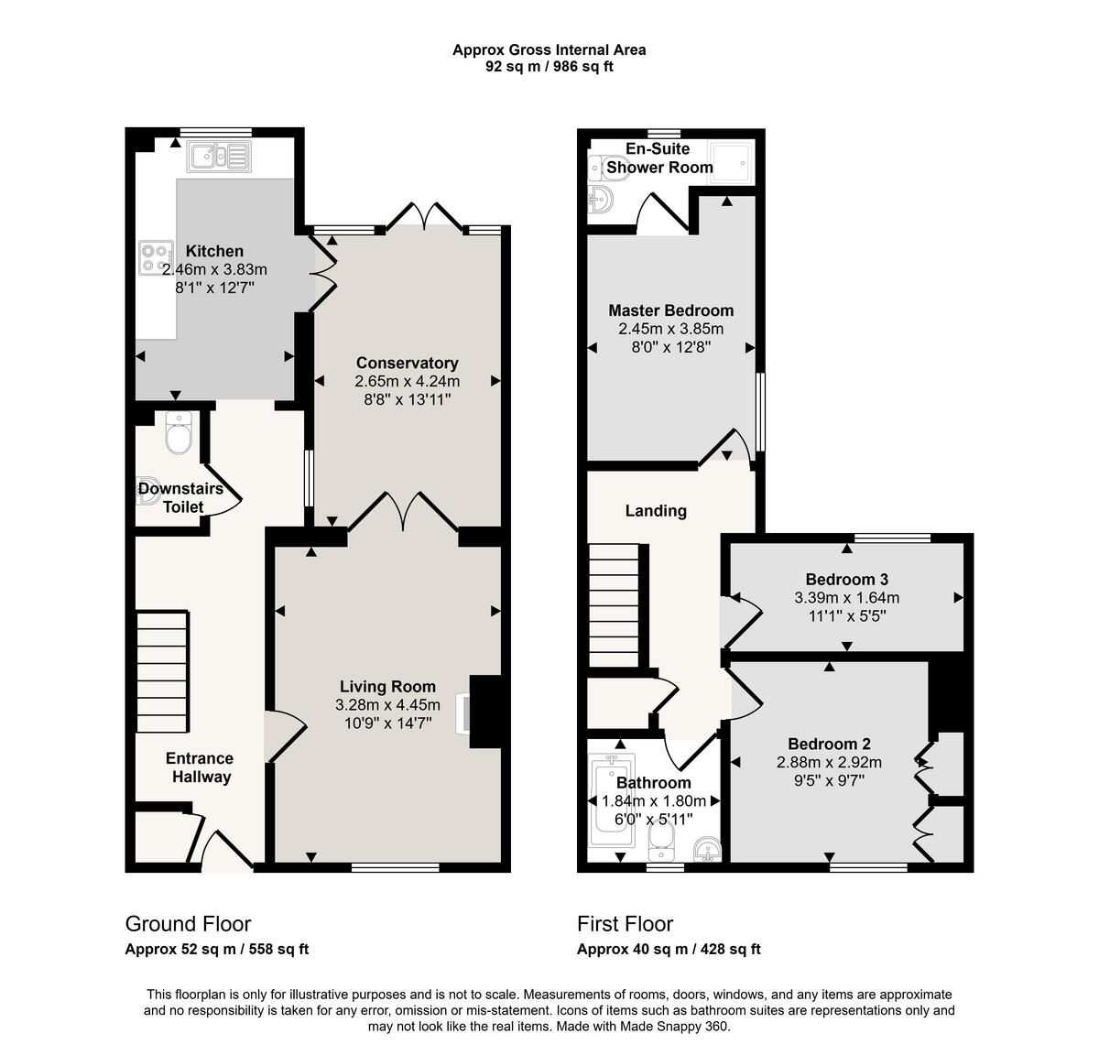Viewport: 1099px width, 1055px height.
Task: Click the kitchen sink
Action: pos(218,157)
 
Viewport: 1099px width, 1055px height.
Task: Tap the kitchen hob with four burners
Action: pos(156,257)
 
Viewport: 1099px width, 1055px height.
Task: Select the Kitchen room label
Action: pos(214,251)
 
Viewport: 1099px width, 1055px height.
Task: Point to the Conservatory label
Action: pos(407,363)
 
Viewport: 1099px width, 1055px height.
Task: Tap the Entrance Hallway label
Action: pos(199,767)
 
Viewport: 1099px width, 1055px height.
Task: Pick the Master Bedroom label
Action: pos(670,310)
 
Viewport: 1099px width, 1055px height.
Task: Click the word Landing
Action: pos(656,511)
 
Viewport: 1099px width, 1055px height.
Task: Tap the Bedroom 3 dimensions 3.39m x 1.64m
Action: pos(846,598)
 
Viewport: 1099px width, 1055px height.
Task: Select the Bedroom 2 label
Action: pos(829,744)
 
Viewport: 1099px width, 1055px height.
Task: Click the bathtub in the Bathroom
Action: pos(609,801)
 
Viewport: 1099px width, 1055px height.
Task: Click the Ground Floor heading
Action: pos(188,923)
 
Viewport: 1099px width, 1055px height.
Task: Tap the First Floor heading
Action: pos(625,923)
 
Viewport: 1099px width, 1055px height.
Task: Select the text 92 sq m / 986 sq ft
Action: pos(549,67)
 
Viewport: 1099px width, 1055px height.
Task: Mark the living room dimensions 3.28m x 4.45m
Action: pos(387,705)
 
